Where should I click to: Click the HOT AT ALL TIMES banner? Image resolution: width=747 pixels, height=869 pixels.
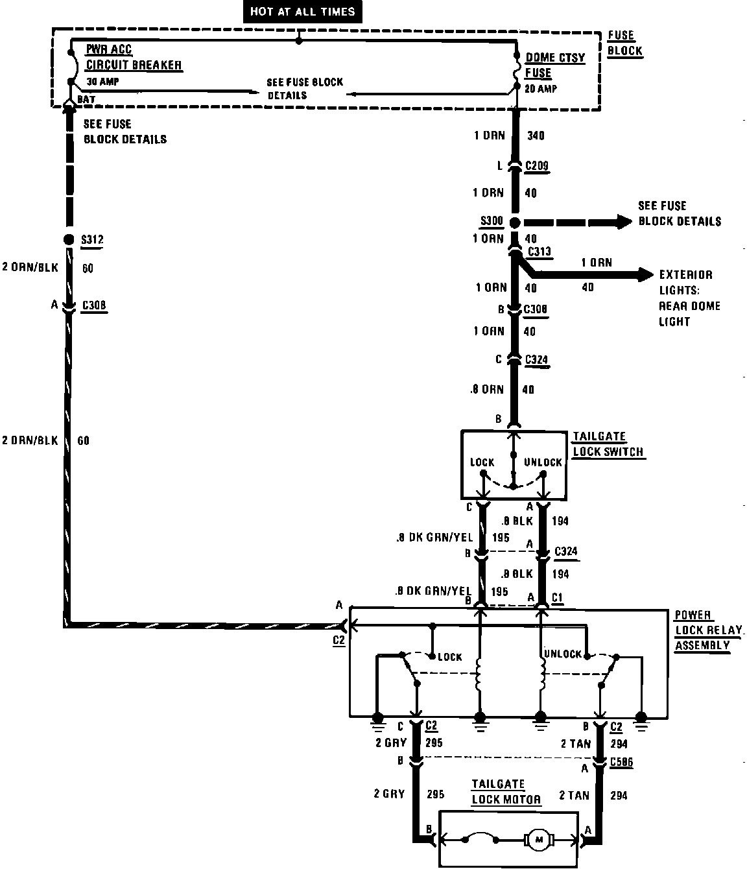[x=302, y=12]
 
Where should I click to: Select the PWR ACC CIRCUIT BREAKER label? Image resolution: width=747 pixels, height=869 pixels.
[x=133, y=58]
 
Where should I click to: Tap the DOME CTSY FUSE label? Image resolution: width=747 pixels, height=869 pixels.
[x=554, y=65]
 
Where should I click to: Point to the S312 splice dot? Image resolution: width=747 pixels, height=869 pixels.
[x=69, y=239]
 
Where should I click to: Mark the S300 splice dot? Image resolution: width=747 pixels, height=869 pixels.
[x=515, y=222]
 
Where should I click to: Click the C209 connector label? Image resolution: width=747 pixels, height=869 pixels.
[x=537, y=166]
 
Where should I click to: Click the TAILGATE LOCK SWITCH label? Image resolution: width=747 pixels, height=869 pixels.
[x=608, y=444]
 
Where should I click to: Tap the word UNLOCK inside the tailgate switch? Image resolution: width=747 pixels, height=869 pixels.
[x=543, y=462]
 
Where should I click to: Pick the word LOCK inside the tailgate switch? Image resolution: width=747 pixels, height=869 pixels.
[x=482, y=462]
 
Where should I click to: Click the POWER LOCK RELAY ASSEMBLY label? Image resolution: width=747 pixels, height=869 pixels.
[x=707, y=630]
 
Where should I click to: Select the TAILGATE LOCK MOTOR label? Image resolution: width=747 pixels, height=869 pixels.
[x=506, y=792]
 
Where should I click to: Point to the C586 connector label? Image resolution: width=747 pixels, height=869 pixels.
[x=621, y=763]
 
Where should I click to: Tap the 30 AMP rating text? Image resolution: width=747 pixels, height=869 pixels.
[x=103, y=82]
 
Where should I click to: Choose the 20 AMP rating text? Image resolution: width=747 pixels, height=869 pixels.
[x=540, y=89]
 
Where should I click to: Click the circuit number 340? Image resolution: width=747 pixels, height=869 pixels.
[x=536, y=136]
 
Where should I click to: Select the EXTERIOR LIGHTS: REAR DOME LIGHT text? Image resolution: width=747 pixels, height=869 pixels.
[x=685, y=298]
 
